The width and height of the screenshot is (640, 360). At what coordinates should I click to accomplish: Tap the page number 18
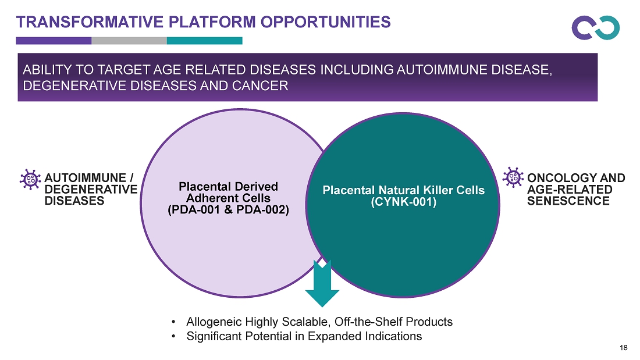623,348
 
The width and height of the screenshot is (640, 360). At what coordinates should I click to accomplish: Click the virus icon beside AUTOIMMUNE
30,179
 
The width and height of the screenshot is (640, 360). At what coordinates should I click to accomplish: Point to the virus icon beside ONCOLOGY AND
513,177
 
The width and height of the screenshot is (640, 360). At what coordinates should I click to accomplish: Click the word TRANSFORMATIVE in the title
90,22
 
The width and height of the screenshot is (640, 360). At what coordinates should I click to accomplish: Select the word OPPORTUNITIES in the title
326,22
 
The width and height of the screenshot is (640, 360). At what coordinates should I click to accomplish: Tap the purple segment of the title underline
54,40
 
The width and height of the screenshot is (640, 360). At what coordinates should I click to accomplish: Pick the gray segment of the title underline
129,40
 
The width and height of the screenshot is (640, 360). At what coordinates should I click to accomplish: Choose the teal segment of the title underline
204,40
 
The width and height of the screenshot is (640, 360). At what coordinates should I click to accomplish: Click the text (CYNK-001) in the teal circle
404,202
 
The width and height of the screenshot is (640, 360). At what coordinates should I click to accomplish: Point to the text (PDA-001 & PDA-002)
228,210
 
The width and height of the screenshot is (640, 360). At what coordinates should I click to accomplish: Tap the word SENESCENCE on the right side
568,201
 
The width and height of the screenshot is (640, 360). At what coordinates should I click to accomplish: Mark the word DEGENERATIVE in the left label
91,190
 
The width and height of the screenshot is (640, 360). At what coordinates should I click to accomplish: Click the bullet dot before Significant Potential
174,336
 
